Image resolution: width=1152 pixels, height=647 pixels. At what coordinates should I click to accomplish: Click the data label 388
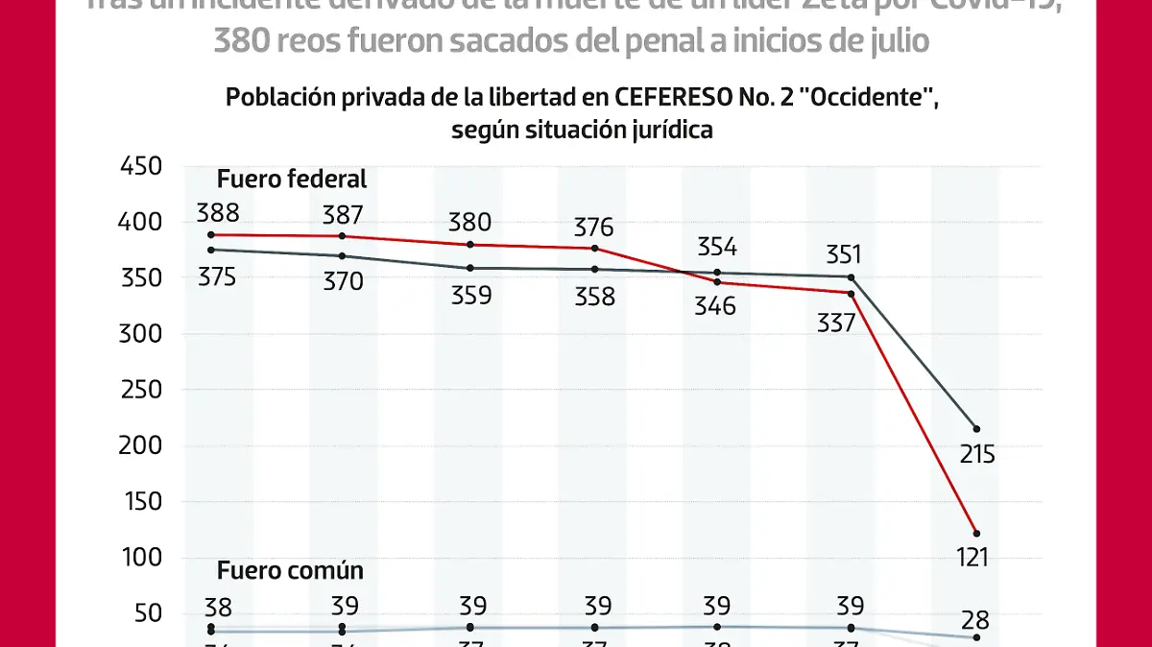217,213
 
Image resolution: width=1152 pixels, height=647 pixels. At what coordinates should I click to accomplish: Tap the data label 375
217,277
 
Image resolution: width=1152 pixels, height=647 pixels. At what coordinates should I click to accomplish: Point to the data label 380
469,223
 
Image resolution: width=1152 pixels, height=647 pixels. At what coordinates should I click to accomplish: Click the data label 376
593,228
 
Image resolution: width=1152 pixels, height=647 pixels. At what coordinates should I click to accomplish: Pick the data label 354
716,247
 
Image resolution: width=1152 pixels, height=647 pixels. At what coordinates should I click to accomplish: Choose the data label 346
716,306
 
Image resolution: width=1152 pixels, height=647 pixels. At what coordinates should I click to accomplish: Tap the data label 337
835,323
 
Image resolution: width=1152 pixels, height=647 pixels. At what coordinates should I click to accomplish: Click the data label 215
977,454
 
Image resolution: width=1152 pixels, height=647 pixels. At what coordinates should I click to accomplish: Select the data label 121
973,557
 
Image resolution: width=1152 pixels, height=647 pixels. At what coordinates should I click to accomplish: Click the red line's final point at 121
976,533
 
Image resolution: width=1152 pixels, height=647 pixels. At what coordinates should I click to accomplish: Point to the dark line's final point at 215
976,428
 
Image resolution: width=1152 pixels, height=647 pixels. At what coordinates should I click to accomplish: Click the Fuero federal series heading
292,179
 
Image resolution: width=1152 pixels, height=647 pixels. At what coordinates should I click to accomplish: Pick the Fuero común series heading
290,570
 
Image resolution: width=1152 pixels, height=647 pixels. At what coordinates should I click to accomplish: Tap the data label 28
974,619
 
